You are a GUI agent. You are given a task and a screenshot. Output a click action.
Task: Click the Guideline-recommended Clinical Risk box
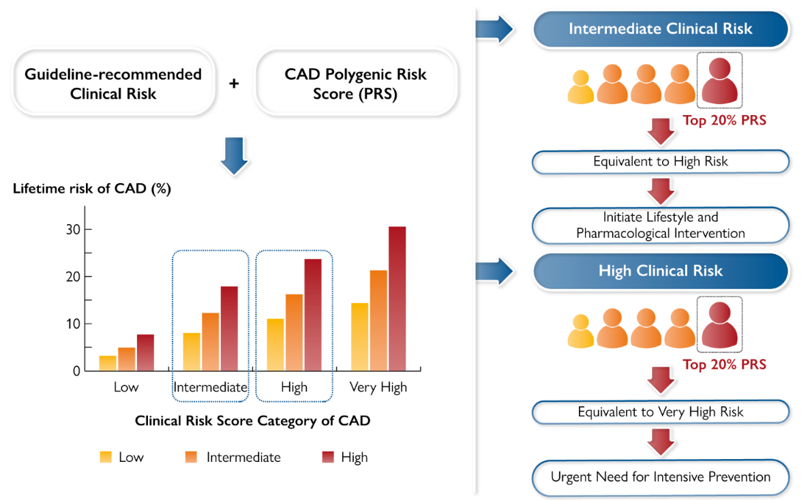pyautogui.click(x=113, y=83)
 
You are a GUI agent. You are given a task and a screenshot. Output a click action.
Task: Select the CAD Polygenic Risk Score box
pyautogui.click(x=355, y=83)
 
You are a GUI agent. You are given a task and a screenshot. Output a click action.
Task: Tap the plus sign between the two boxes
pyautogui.click(x=234, y=84)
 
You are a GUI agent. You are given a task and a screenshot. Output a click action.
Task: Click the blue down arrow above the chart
pyautogui.click(x=233, y=155)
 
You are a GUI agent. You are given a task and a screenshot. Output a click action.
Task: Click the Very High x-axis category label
pyautogui.click(x=378, y=388)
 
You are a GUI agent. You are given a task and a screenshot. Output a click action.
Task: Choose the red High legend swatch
pyautogui.click(x=328, y=457)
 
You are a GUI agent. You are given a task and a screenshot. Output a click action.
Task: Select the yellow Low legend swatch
pyautogui.click(x=106, y=457)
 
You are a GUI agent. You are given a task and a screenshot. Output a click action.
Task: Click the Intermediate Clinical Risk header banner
pyautogui.click(x=660, y=29)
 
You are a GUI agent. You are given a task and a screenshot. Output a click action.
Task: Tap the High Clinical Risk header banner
pyautogui.click(x=660, y=270)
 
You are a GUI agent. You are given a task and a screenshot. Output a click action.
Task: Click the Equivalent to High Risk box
pyautogui.click(x=660, y=161)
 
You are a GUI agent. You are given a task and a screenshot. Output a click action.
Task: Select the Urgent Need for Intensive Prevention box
pyautogui.click(x=660, y=476)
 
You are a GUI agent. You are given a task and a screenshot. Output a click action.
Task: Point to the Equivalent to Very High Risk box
pyautogui.click(x=660, y=411)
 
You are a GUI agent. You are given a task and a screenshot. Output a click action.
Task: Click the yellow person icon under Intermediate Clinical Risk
pyautogui.click(x=580, y=87)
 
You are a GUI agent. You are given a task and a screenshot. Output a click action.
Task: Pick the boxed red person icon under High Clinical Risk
pyautogui.click(x=719, y=323)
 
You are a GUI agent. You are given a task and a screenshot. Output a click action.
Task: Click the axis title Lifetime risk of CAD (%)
pyautogui.click(x=91, y=189)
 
